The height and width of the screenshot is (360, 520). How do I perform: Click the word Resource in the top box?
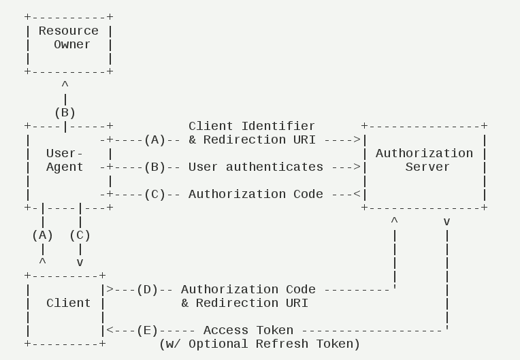click(x=68, y=31)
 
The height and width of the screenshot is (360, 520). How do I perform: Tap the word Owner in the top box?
click(x=72, y=44)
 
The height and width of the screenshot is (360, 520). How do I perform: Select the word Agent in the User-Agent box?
click(x=65, y=167)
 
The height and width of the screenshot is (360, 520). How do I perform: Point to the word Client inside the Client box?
click(x=68, y=303)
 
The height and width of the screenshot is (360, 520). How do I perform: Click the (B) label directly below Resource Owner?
click(x=65, y=112)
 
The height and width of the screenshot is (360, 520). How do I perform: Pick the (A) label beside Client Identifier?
click(x=155, y=140)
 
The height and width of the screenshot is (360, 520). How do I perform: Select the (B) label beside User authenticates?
click(x=155, y=167)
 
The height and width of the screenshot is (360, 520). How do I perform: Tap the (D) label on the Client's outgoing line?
click(x=147, y=289)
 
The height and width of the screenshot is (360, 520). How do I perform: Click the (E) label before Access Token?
click(x=147, y=330)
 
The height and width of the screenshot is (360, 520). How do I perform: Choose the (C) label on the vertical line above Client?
click(x=80, y=235)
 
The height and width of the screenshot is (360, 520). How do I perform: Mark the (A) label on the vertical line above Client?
click(x=42, y=235)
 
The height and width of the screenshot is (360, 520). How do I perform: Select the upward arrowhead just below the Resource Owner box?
click(x=65, y=85)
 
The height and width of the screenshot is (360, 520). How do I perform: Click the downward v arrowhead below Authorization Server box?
click(x=446, y=222)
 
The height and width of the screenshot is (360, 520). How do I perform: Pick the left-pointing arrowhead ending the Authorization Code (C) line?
click(x=357, y=194)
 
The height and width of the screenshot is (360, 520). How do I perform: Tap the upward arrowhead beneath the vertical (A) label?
click(x=42, y=261)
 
